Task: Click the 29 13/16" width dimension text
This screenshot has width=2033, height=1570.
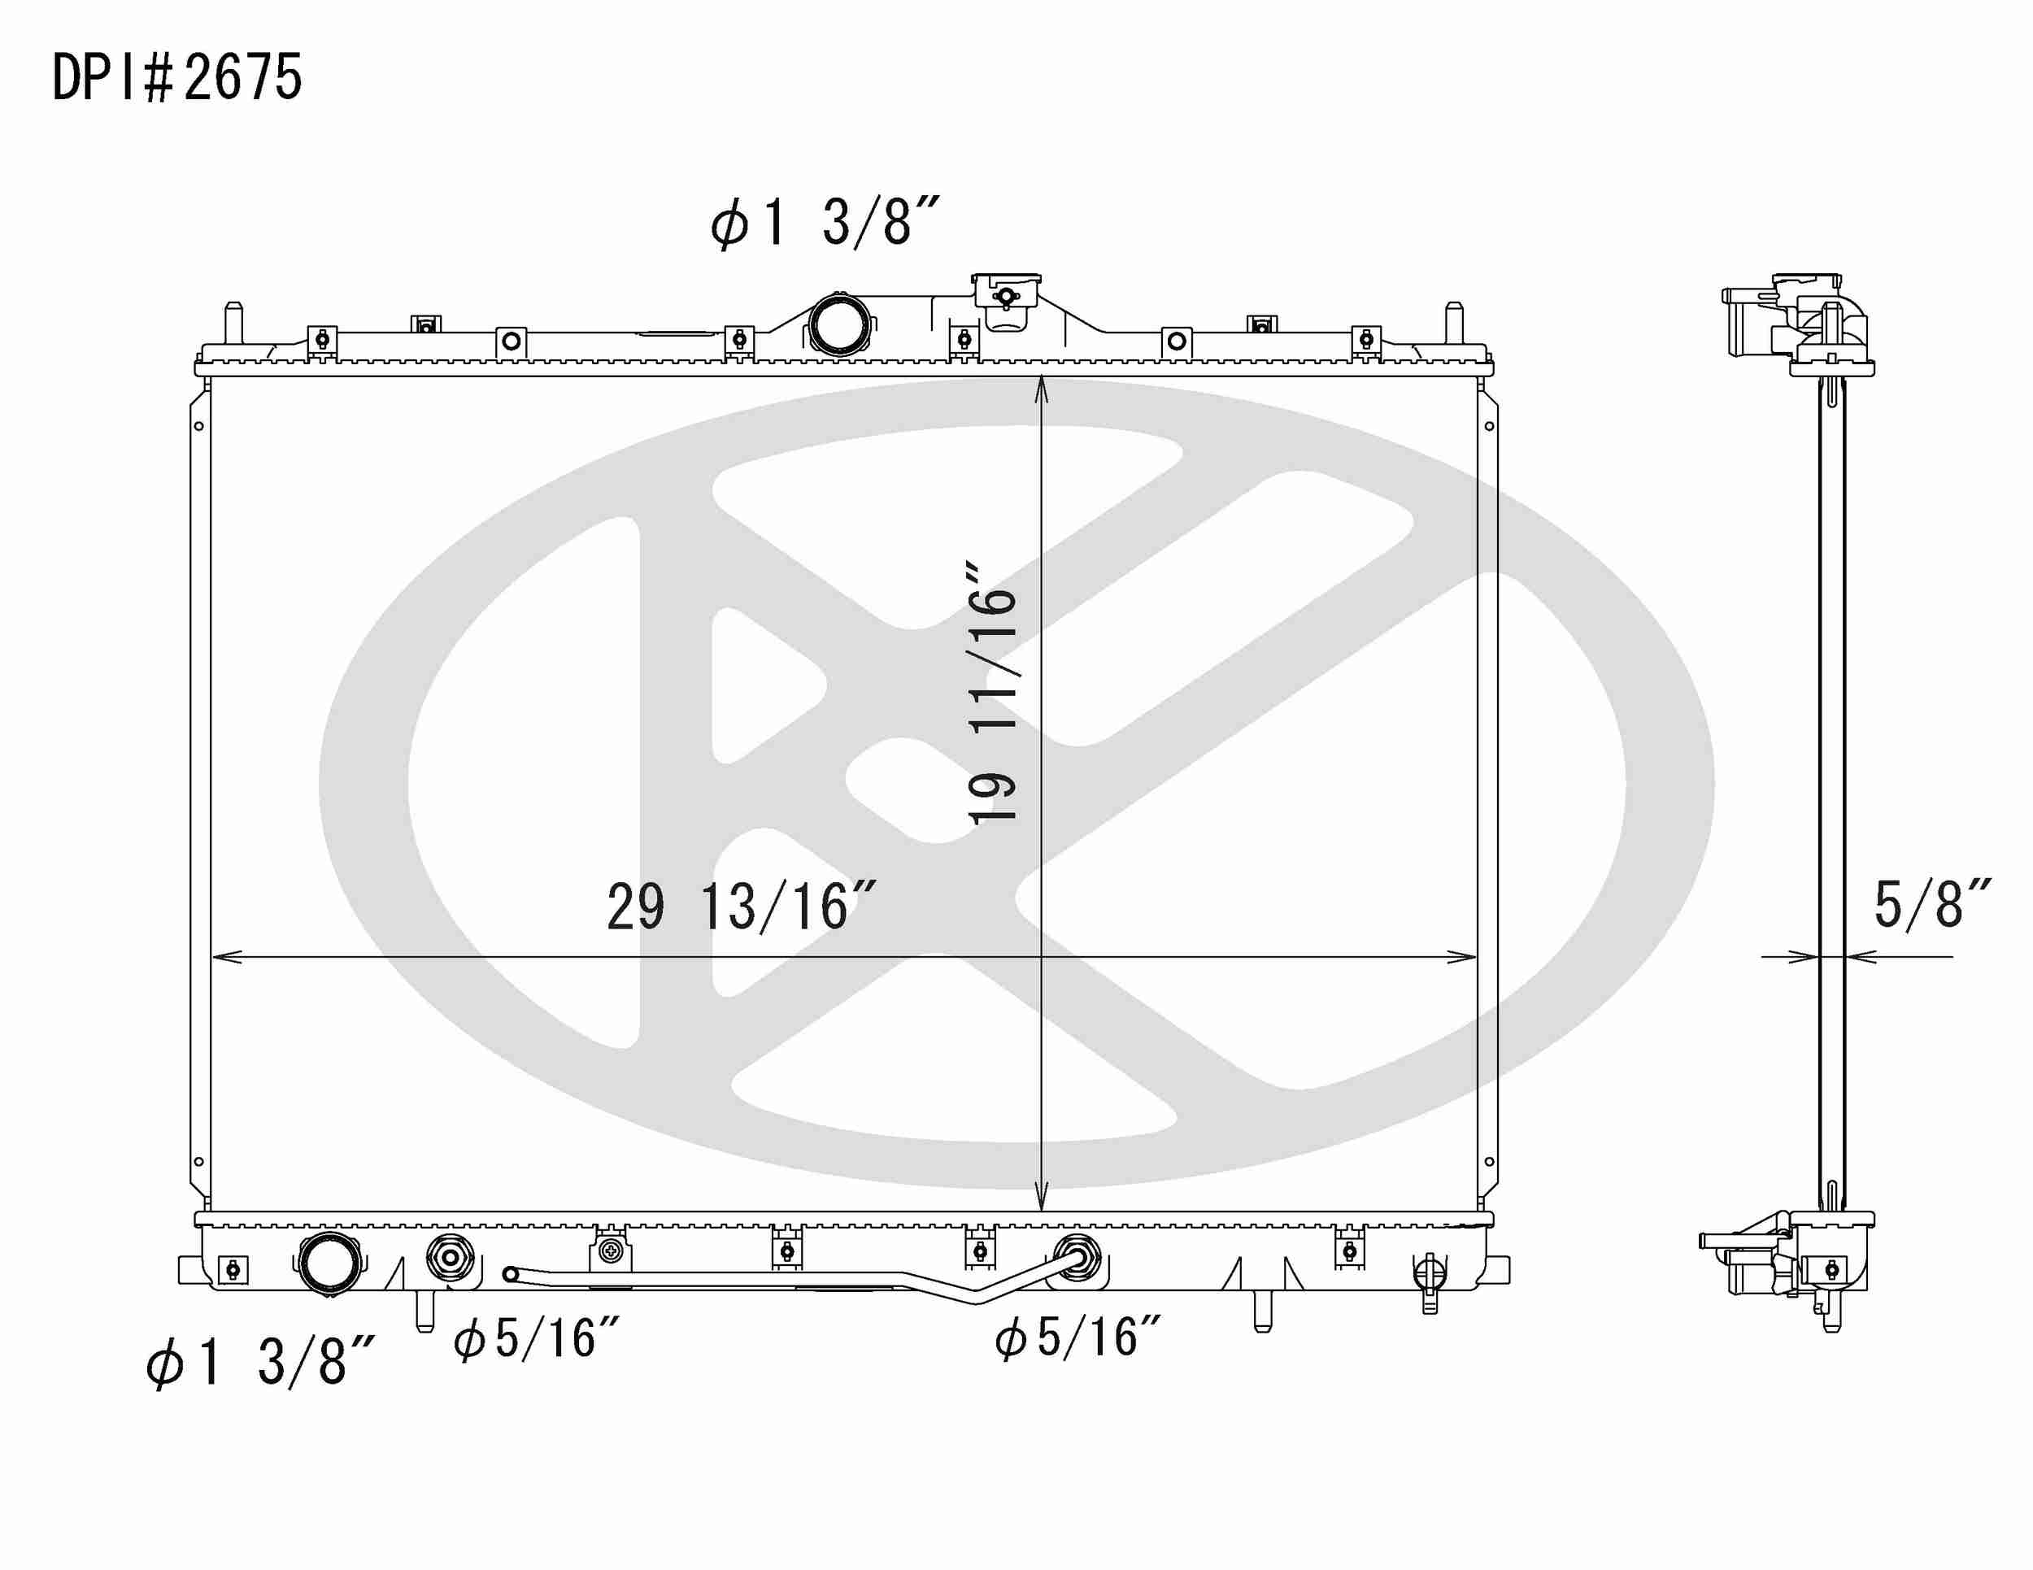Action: click(x=740, y=907)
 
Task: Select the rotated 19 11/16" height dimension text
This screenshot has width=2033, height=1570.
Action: click(x=992, y=693)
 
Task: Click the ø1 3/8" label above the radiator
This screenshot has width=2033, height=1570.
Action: click(x=825, y=223)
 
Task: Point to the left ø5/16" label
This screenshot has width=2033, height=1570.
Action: click(x=536, y=1339)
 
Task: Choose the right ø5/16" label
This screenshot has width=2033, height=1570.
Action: click(x=1078, y=1338)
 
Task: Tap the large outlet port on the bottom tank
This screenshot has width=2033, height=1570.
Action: click(x=329, y=1263)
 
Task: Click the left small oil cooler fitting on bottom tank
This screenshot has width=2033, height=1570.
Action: click(x=450, y=1259)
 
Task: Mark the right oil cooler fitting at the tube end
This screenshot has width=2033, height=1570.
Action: click(x=1076, y=1259)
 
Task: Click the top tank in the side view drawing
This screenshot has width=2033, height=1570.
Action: click(x=1796, y=326)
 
